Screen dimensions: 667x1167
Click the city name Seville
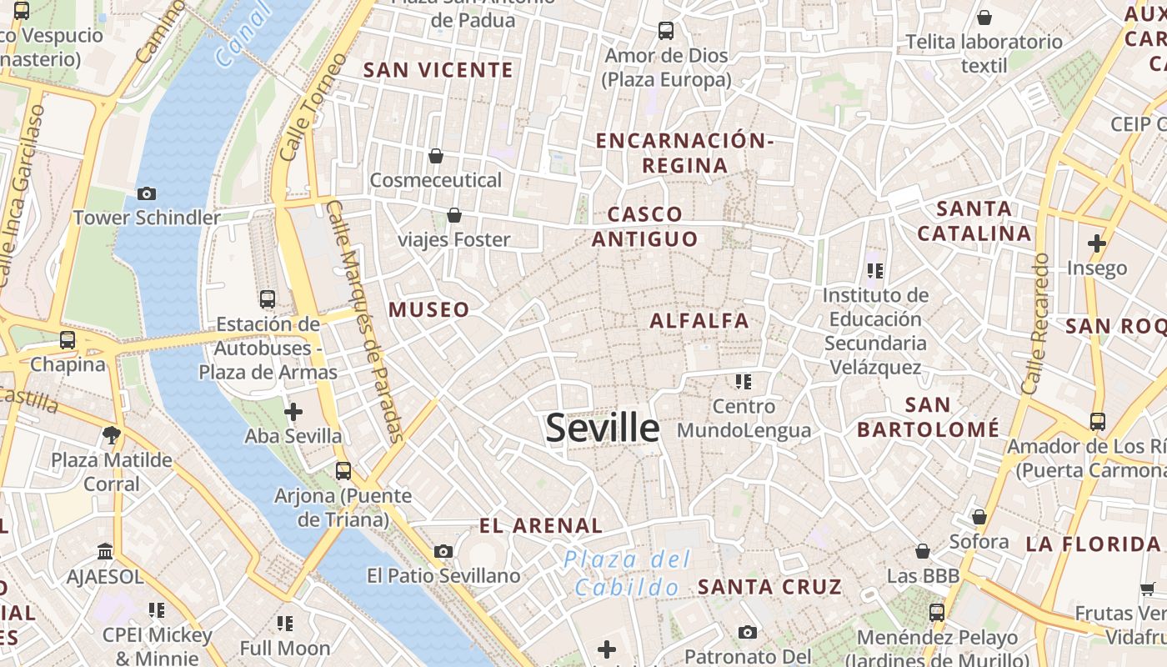pyautogui.click(x=602, y=428)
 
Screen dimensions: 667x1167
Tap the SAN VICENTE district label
pyautogui.click(x=438, y=70)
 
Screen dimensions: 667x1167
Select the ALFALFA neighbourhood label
pyautogui.click(x=699, y=320)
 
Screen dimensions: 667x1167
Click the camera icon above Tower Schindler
pyautogui.click(x=147, y=193)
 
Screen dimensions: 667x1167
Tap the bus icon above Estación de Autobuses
pyautogui.click(x=268, y=299)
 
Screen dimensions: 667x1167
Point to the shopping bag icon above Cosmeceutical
pyautogui.click(x=435, y=156)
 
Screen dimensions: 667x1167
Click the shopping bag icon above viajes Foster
pyautogui.click(x=454, y=215)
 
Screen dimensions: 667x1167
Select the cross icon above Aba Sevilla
pyautogui.click(x=293, y=412)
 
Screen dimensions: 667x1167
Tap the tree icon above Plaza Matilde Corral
pyautogui.click(x=111, y=434)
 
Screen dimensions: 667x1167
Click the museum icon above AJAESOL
pyautogui.click(x=105, y=551)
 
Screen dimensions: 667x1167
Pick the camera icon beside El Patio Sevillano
pyautogui.click(x=443, y=551)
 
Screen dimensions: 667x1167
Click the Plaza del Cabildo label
pyautogui.click(x=627, y=573)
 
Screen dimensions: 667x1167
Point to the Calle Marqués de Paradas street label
pyautogui.click(x=365, y=321)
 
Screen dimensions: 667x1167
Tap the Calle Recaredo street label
pyautogui.click(x=1034, y=323)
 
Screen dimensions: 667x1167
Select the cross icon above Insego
pyautogui.click(x=1097, y=243)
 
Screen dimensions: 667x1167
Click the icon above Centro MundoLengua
pyautogui.click(x=744, y=382)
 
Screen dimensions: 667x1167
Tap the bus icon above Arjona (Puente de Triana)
pyautogui.click(x=343, y=471)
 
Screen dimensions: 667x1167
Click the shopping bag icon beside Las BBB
pyautogui.click(x=923, y=551)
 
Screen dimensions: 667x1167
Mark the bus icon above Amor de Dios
pyautogui.click(x=665, y=31)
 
